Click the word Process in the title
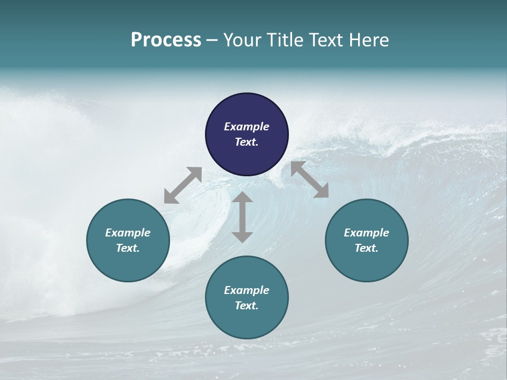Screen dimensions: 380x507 pyautogui.click(x=166, y=40)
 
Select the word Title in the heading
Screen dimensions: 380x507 pyautogui.click(x=285, y=40)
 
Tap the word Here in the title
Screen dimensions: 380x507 pyautogui.click(x=370, y=40)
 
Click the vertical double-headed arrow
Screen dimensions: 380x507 pyautogui.click(x=242, y=217)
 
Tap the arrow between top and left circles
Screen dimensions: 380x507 pyautogui.click(x=183, y=185)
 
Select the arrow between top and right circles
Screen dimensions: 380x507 pyautogui.click(x=309, y=179)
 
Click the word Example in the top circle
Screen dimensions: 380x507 pyautogui.click(x=247, y=127)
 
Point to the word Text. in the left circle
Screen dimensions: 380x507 pyautogui.click(x=128, y=248)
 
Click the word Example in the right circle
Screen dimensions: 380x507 pyautogui.click(x=367, y=233)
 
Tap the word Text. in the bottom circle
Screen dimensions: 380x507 pyautogui.click(x=247, y=306)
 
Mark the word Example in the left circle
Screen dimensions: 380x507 pyautogui.click(x=128, y=233)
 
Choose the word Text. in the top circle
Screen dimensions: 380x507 pyautogui.click(x=247, y=142)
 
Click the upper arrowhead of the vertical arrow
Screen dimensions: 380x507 pyautogui.click(x=242, y=198)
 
